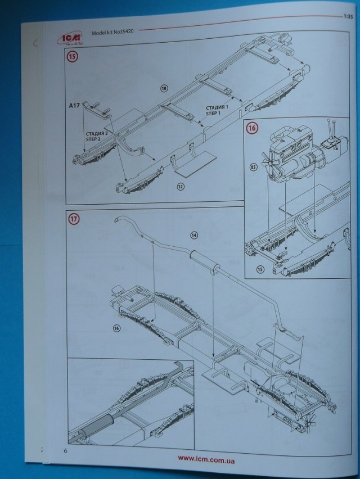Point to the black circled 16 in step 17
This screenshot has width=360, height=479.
pyautogui.click(x=116, y=328)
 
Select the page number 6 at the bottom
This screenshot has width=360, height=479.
pyautogui.click(x=66, y=450)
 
